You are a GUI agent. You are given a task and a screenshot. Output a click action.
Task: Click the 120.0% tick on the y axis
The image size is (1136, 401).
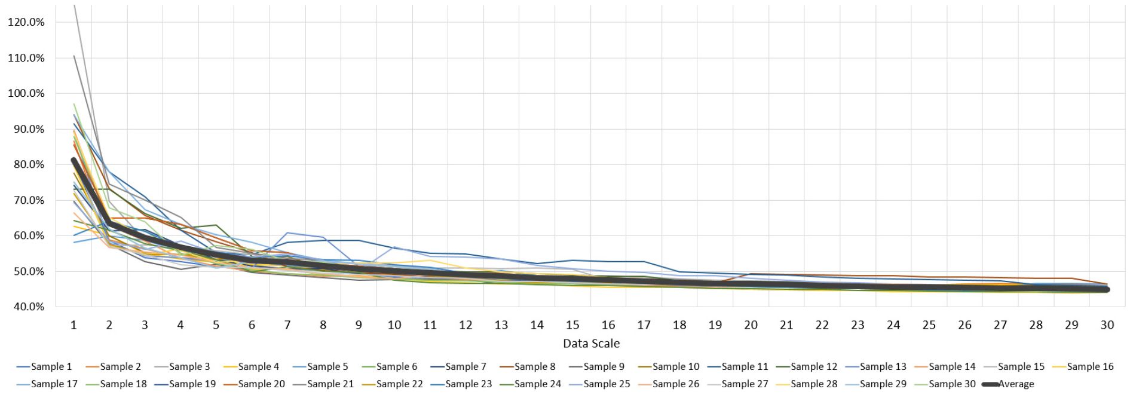(26, 22)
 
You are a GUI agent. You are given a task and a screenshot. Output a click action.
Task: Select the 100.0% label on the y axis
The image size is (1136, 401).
(26, 93)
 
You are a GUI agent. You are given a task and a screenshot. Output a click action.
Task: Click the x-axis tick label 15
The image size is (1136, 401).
(572, 325)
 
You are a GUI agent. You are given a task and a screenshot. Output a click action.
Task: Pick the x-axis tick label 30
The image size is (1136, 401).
(1107, 325)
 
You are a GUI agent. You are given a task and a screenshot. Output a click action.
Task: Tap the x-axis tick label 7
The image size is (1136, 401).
(287, 325)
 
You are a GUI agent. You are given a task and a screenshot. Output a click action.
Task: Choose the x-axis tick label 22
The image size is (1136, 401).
(822, 325)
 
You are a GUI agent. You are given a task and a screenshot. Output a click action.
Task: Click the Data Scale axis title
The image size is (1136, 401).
(591, 344)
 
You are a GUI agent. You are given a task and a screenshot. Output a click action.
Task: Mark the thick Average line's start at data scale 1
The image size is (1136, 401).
(74, 160)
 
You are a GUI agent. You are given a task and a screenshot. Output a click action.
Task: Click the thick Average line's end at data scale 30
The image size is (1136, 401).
(1107, 290)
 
